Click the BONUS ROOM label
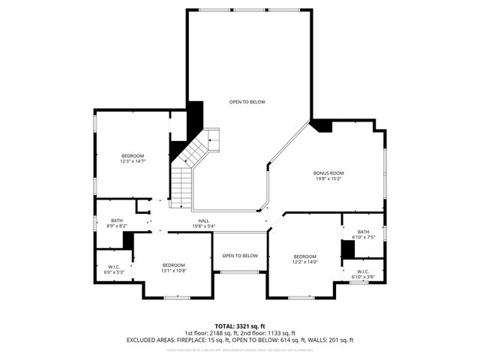pyautogui.click(x=328, y=173)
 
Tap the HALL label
pyautogui.click(x=203, y=220)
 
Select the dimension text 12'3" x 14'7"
pyautogui.click(x=133, y=161)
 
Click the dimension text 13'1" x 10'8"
pyautogui.click(x=174, y=270)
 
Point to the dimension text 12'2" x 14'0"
pyautogui.click(x=305, y=262)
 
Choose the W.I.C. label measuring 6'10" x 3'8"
pyautogui.click(x=363, y=277)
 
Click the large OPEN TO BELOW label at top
pyautogui.click(x=247, y=101)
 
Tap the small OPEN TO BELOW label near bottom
pyautogui.click(x=240, y=256)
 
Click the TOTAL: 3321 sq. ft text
pyautogui.click(x=240, y=326)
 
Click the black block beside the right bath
pyautogui.click(x=348, y=248)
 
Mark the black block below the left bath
pyautogui.click(x=128, y=241)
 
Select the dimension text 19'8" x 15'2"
pyautogui.click(x=328, y=178)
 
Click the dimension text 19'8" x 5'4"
pyautogui.click(x=203, y=226)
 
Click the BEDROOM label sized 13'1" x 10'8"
pyautogui.click(x=174, y=265)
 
